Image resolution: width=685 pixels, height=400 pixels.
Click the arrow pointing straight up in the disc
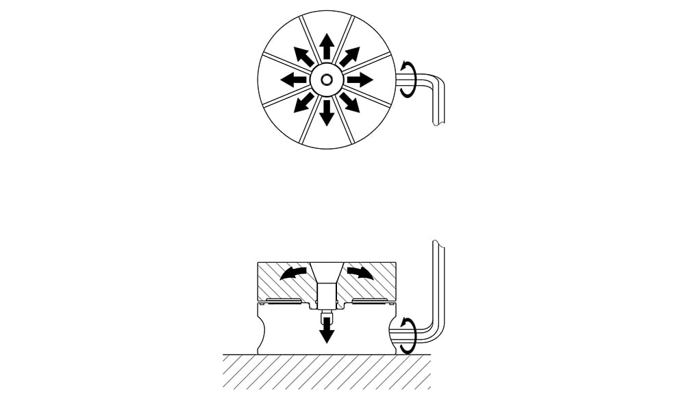(327, 46)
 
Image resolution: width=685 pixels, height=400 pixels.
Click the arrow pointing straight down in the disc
(327, 113)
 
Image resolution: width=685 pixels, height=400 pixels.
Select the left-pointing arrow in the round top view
(293, 80)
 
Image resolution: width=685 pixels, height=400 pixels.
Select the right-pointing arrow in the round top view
(360, 80)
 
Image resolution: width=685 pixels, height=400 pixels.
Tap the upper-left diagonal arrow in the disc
(303, 56)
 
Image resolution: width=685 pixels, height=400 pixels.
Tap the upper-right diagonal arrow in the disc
(350, 56)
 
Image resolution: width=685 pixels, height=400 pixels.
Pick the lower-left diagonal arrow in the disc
(303, 103)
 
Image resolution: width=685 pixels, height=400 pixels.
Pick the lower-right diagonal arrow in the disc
(350, 103)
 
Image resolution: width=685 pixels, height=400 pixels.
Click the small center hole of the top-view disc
(327, 80)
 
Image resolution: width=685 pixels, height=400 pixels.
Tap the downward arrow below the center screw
(327, 332)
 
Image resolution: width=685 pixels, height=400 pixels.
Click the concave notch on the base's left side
(261, 333)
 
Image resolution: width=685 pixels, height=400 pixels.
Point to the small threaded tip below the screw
(327, 317)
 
